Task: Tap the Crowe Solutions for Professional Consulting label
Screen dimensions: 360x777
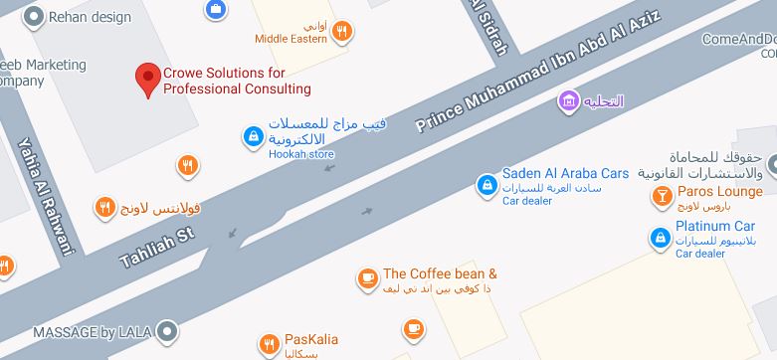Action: point(237,82)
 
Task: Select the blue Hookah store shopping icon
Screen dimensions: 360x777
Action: point(253,135)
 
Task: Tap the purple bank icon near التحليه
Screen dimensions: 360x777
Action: point(568,100)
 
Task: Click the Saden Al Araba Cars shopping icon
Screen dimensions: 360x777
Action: point(486,184)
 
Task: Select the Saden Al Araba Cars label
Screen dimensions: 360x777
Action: point(565,173)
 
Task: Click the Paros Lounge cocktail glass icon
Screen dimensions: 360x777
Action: point(660,196)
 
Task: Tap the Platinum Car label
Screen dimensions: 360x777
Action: point(716,226)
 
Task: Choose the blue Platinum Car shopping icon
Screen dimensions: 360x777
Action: point(659,238)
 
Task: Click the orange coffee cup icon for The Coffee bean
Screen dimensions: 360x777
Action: point(367,277)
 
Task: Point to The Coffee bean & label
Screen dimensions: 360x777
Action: point(440,273)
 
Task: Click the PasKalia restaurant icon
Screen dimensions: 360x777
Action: point(268,345)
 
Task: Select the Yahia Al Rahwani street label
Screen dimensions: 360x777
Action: point(45,195)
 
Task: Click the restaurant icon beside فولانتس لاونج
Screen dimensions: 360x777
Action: point(104,208)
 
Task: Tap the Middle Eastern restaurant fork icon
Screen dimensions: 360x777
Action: point(343,31)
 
